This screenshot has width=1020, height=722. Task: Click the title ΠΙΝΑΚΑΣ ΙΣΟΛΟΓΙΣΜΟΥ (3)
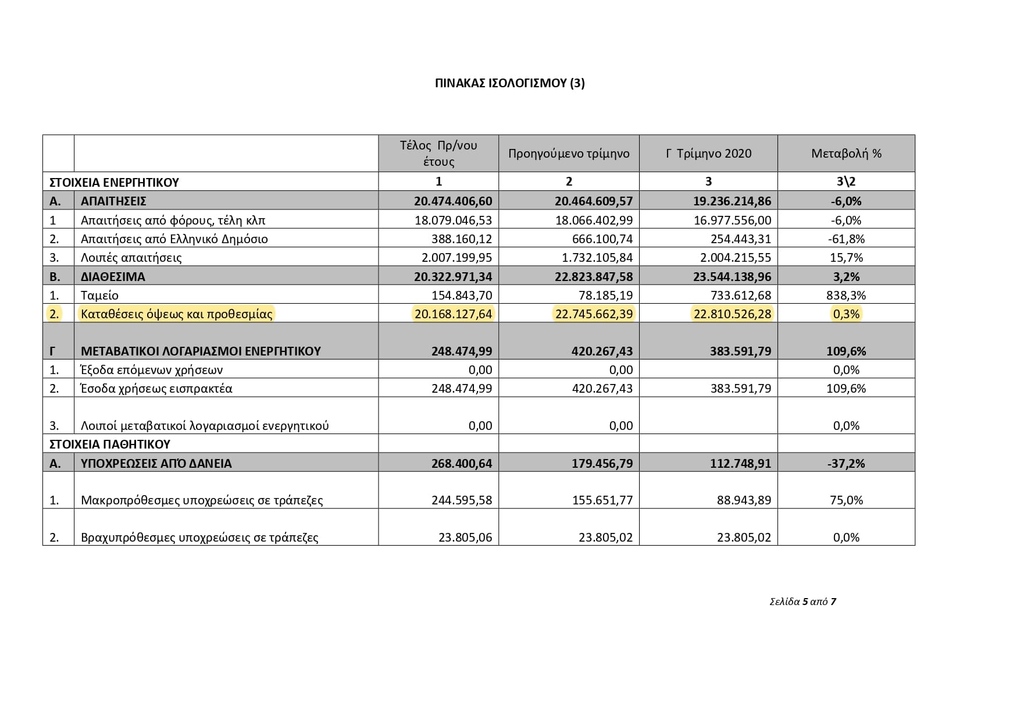coord(509,83)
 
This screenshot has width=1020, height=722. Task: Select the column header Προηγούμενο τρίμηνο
coord(568,154)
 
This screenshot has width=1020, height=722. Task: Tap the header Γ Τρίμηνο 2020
coord(708,154)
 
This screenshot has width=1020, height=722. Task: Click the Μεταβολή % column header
coord(846,154)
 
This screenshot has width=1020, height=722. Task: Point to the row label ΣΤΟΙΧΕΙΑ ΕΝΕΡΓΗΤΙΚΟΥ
coord(114,182)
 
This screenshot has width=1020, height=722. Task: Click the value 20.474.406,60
coord(453,201)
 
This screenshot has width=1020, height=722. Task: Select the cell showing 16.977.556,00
coord(732,220)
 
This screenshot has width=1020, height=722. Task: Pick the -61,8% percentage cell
coord(846,239)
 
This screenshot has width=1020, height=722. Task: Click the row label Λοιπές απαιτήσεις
coord(131,257)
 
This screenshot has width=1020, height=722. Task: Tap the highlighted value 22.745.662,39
coord(594,314)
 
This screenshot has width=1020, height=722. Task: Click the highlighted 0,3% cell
coord(846,314)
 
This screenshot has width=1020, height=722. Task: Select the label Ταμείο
coord(99,295)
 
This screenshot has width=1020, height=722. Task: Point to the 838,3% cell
coord(846,295)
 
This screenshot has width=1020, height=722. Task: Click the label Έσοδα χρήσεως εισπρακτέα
coord(156,388)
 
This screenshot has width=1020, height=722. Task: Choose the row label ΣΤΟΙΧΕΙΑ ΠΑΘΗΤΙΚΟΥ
coord(110,444)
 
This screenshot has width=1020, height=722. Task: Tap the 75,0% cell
coord(846,500)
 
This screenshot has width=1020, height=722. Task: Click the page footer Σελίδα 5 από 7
coord(803,602)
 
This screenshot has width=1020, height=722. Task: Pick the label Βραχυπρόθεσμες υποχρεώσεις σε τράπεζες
coord(199,537)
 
